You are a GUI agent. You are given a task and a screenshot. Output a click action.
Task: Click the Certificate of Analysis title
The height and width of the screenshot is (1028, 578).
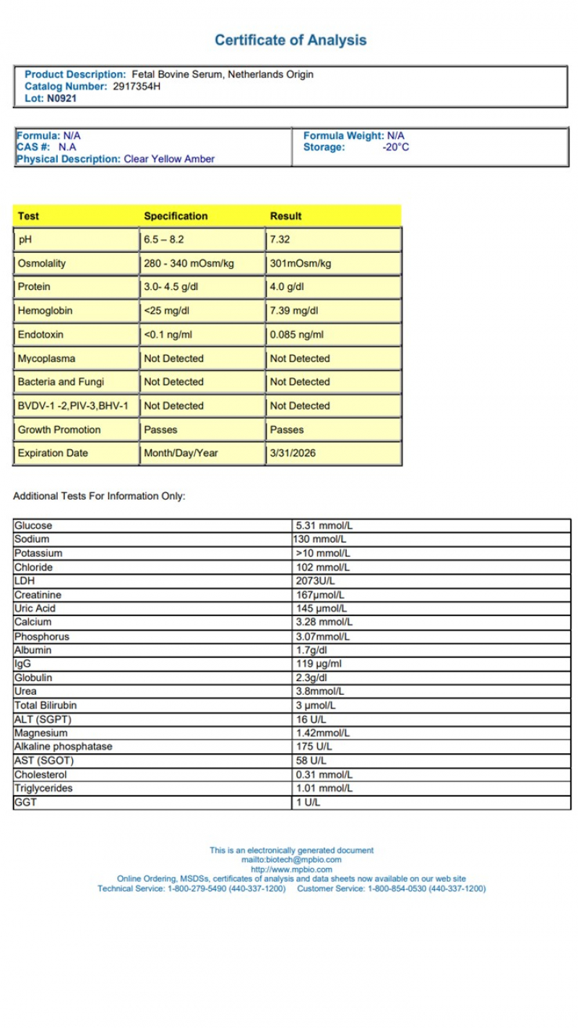click(x=290, y=40)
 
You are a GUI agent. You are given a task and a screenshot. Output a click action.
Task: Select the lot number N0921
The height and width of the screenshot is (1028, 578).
click(x=61, y=98)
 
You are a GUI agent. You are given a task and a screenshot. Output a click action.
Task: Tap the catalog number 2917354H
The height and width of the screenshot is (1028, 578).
click(x=137, y=86)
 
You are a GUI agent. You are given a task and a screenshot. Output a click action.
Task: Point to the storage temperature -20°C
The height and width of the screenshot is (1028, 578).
click(x=395, y=147)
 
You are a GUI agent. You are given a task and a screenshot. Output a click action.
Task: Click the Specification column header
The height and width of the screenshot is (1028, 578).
click(x=176, y=216)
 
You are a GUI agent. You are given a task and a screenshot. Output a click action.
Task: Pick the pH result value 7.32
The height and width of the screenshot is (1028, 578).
click(x=280, y=239)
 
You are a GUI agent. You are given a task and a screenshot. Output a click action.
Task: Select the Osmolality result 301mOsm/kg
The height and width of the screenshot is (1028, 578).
click(x=301, y=263)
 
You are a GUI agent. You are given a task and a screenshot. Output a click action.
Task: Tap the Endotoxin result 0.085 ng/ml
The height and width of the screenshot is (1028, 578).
click(x=297, y=335)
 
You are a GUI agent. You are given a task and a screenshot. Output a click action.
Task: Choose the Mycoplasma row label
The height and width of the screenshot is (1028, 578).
click(x=46, y=359)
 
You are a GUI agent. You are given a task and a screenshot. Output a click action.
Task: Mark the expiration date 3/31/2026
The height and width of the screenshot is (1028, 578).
click(x=293, y=453)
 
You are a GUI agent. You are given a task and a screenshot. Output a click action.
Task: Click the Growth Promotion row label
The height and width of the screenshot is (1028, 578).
click(x=59, y=429)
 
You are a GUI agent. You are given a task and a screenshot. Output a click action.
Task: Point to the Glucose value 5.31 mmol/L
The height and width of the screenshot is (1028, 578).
click(x=324, y=526)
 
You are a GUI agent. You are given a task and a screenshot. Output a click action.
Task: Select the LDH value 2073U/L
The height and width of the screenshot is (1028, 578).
click(x=316, y=581)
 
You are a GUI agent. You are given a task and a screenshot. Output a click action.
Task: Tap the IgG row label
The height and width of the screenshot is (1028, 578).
click(x=22, y=664)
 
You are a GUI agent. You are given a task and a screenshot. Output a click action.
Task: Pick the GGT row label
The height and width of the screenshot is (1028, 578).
click(x=25, y=802)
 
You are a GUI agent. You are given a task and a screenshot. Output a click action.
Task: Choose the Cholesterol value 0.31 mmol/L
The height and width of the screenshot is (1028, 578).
click(x=324, y=774)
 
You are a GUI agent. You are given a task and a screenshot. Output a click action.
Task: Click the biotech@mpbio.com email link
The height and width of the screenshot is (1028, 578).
click(x=291, y=860)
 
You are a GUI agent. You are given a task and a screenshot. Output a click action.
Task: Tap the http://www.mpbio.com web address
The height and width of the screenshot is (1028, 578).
click(x=291, y=869)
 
